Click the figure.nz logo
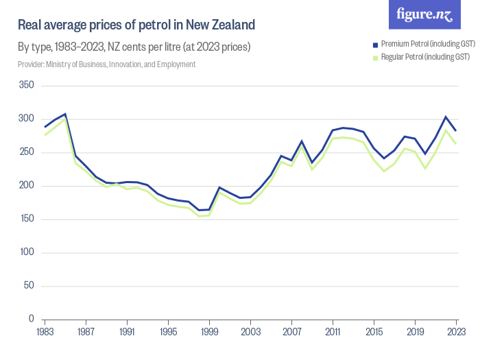(424, 14)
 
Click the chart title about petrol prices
(136, 25)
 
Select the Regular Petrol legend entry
(419, 57)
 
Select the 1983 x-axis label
(45, 331)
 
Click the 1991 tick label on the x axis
(127, 331)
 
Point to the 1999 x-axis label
(209, 331)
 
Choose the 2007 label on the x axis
(291, 331)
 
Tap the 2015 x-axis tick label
(374, 331)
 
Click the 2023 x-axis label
(455, 331)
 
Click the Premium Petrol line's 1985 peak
(65, 114)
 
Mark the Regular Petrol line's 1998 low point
(199, 216)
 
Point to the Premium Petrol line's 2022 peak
(446, 117)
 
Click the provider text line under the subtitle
(106, 64)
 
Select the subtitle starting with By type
(134, 48)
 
